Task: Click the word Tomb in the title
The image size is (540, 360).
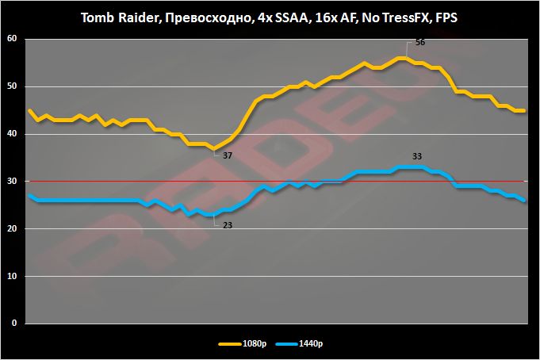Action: [98, 17]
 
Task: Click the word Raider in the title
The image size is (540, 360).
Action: [136, 17]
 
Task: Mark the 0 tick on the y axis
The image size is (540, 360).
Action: [13, 324]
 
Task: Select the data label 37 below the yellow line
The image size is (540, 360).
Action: [228, 155]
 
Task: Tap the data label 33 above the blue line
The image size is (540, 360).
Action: [417, 155]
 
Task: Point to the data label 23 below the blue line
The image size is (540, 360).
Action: [228, 224]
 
